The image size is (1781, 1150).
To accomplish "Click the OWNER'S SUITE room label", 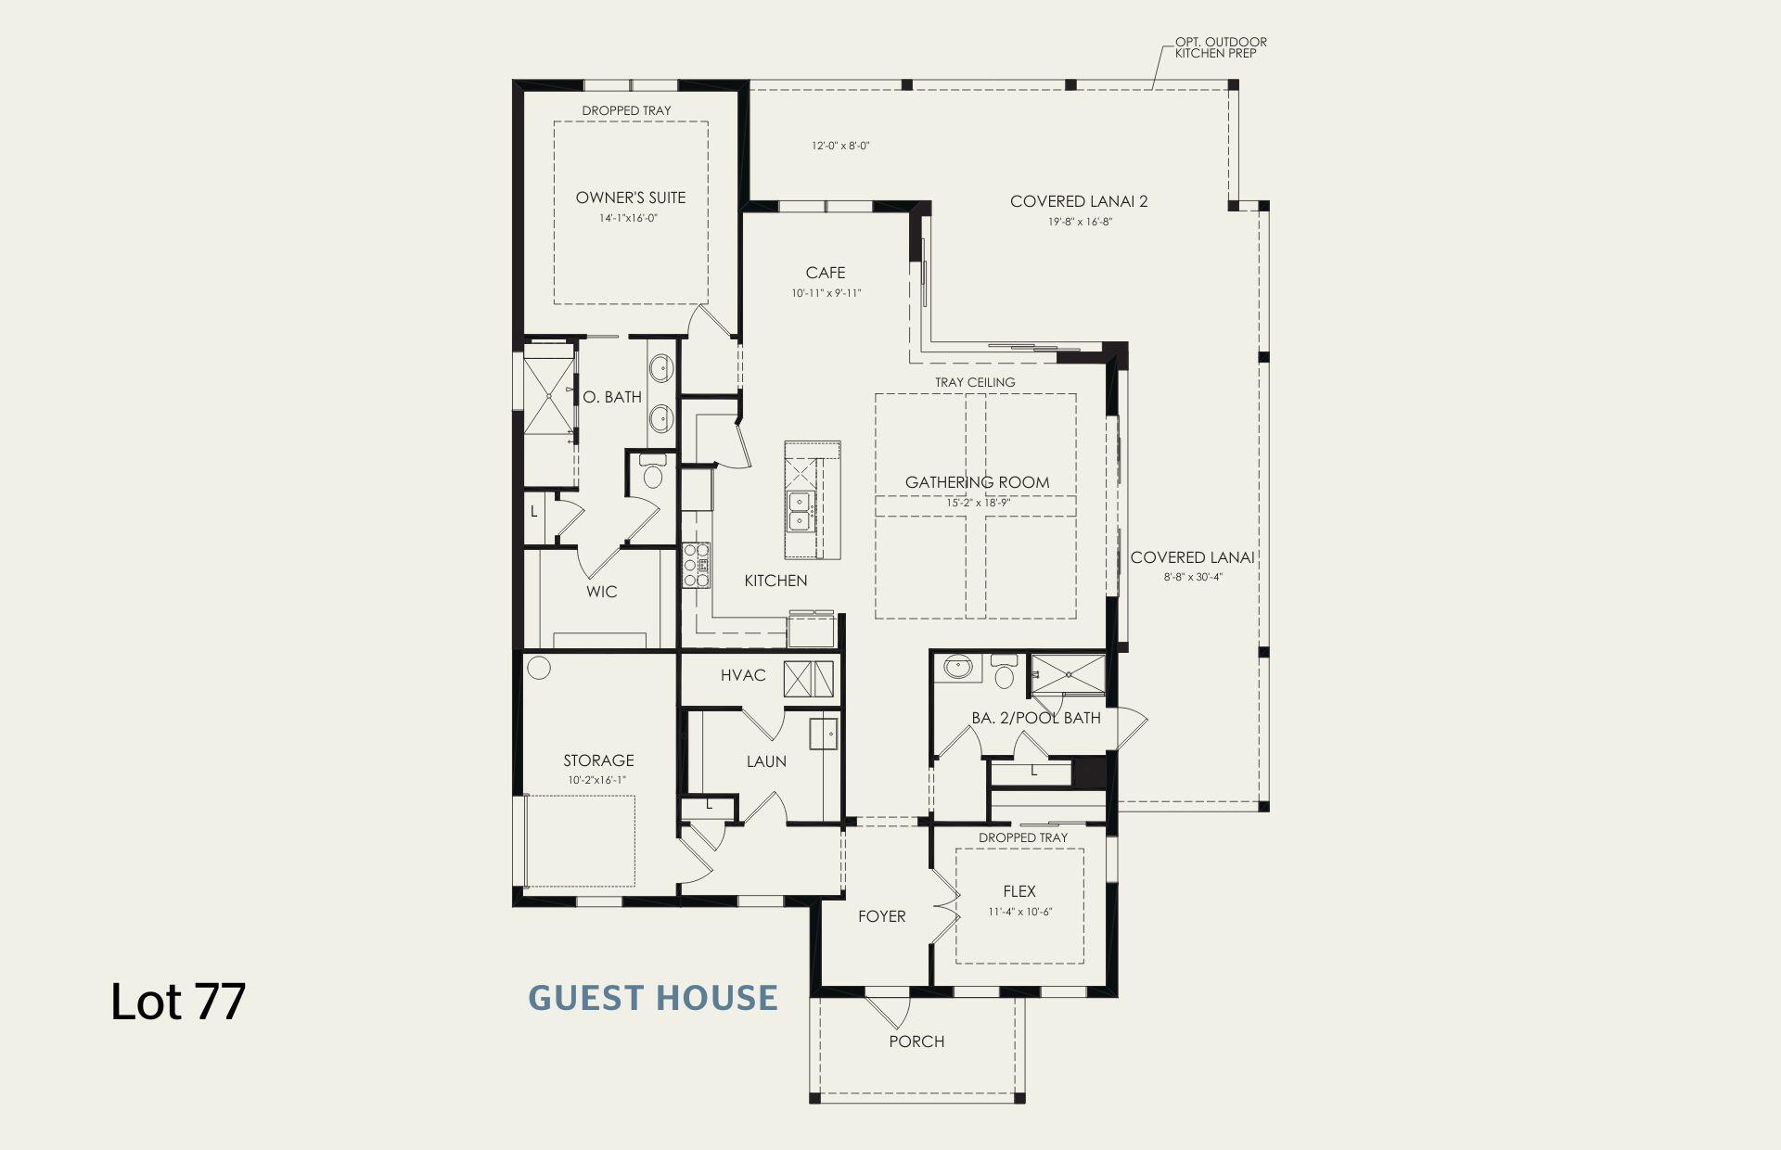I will point(630,198).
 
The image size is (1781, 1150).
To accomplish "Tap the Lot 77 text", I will point(178,1002).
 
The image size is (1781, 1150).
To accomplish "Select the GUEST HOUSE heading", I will point(653,998).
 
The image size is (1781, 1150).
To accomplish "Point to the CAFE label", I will point(825,273).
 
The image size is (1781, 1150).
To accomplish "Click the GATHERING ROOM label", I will point(977,482).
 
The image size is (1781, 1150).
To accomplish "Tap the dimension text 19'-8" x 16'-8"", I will point(1079,222).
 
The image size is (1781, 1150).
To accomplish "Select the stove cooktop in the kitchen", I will point(696,565).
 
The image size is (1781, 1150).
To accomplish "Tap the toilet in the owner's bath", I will point(653,475).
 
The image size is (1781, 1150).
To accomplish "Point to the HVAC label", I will point(743,675).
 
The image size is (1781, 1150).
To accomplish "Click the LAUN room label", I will point(766,761).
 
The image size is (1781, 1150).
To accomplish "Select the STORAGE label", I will point(598,760).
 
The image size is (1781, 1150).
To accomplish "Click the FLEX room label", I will point(1019,891).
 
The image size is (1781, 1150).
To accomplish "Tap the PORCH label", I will point(916,1041).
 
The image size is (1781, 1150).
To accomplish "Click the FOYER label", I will point(881,916).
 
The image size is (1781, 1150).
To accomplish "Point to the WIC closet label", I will point(601,592).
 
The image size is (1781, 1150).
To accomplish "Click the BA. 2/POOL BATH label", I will point(1036,718).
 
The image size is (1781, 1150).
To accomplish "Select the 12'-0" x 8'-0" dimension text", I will point(839,146).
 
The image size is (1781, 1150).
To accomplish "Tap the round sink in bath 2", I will point(955,668).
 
